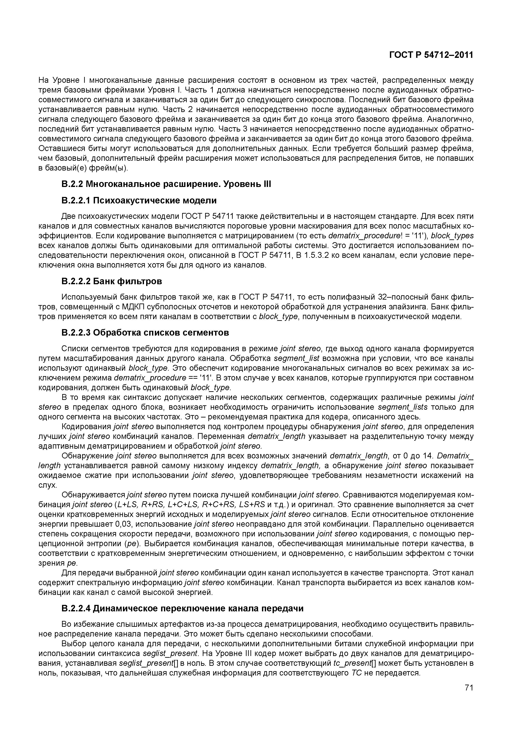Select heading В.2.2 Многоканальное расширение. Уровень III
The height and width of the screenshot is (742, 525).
pyautogui.click(x=166, y=184)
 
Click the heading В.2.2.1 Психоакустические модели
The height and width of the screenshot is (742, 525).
pyautogui.click(x=139, y=201)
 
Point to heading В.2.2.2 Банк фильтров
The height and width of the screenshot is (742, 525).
pyautogui.click(x=112, y=281)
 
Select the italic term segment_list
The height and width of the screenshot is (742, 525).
pyautogui.click(x=296, y=358)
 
